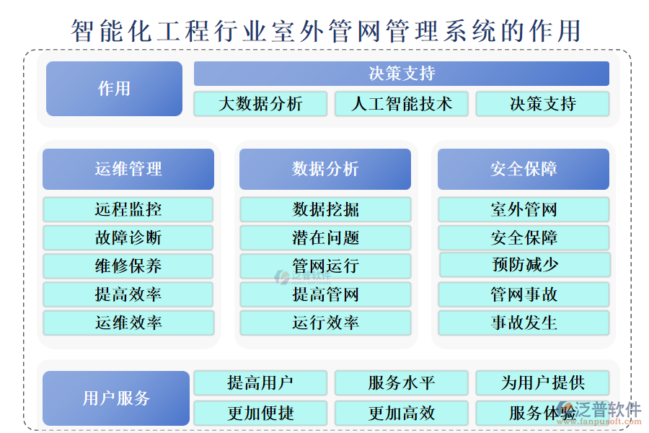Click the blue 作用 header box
[x=114, y=89]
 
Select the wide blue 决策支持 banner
[x=401, y=74]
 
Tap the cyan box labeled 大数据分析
[x=260, y=104]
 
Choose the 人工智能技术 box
[x=401, y=104]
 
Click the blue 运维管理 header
[x=128, y=170]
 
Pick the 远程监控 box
[x=128, y=210]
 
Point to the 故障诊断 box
[x=128, y=238]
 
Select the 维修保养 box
[x=128, y=266]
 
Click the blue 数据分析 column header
[x=325, y=170]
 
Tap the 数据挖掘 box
[x=325, y=210]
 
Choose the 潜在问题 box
[x=325, y=238]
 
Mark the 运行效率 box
[x=325, y=323]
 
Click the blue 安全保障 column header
[x=524, y=170]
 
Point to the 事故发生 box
[x=524, y=323]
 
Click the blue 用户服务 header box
[x=116, y=398]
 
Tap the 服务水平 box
[x=401, y=383]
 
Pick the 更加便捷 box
[x=260, y=414]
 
